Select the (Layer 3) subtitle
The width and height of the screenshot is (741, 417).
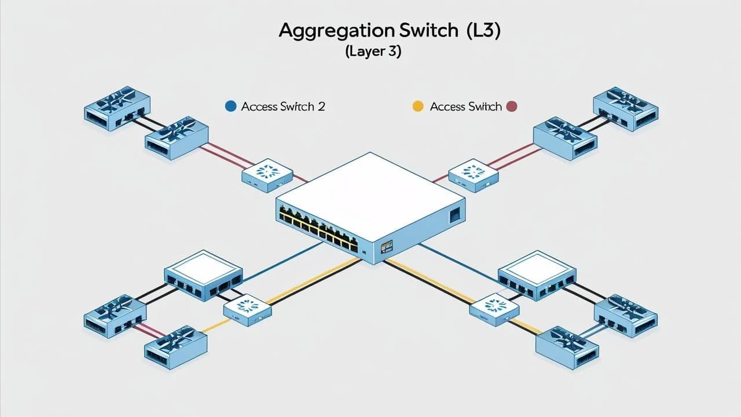tap(373, 52)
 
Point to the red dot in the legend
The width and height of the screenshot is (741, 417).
tap(511, 107)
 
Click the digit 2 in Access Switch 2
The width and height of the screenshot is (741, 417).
tap(321, 107)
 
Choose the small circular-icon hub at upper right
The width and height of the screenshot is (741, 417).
tap(473, 173)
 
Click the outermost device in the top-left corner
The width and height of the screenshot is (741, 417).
tap(117, 107)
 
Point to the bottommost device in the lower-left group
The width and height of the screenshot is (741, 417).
tap(175, 348)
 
